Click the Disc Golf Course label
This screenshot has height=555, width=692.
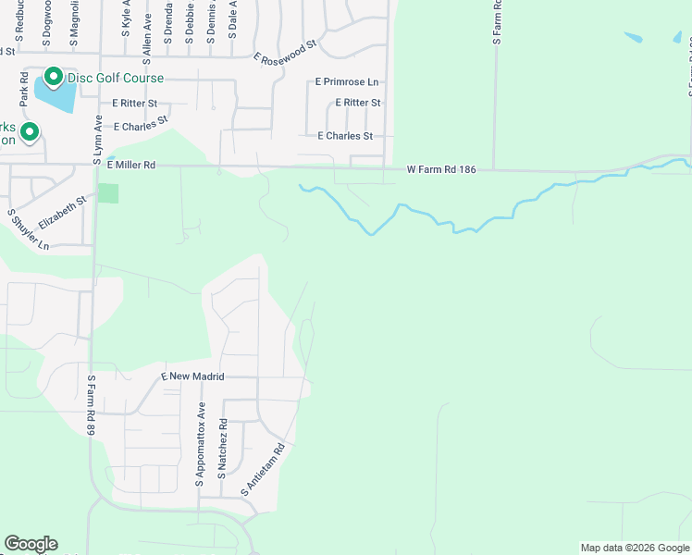coord(114,79)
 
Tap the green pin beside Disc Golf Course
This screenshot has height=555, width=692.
coord(54,78)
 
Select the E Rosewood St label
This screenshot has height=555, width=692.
coord(285,50)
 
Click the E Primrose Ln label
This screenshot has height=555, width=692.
coord(347,82)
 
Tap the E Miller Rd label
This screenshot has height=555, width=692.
coord(130,166)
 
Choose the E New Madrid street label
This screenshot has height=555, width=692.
coord(194,376)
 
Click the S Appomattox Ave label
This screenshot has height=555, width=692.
coord(200,445)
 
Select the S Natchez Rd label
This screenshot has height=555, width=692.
coord(223,446)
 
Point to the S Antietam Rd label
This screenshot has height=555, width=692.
coord(262,468)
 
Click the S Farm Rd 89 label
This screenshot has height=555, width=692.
coord(92,405)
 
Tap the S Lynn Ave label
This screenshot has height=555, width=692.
coord(97,140)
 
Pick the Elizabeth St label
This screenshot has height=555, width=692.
coord(62,212)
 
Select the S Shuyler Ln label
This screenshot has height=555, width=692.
coord(27,230)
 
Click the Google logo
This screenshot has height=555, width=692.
coord(31,544)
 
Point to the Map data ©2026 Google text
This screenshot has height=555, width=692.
coord(635,548)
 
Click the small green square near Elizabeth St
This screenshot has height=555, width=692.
coord(108,193)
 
